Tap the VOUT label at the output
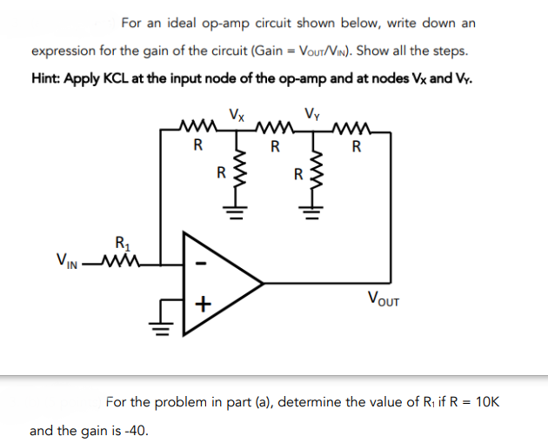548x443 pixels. [x=384, y=302]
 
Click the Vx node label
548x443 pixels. [x=236, y=113]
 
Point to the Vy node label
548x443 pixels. [x=313, y=113]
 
